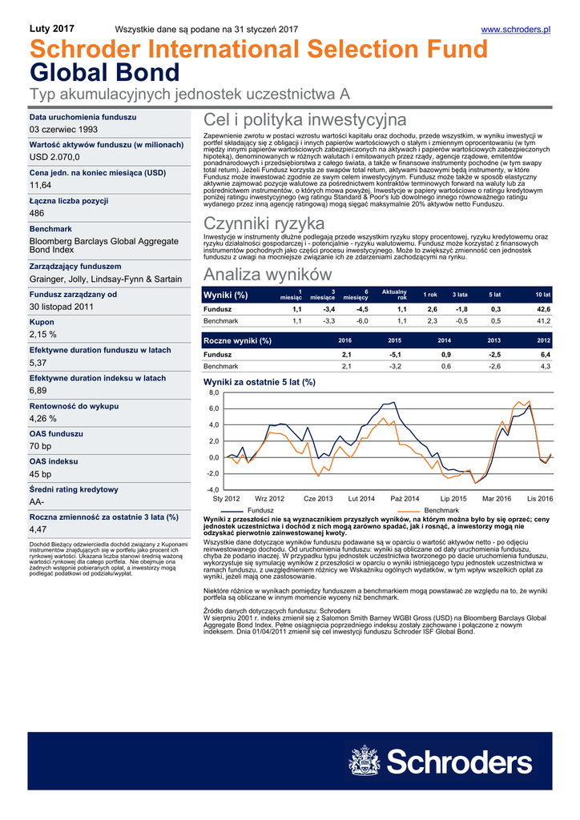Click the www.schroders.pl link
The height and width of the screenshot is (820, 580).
(515, 30)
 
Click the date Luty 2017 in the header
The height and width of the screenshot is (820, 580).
(51, 29)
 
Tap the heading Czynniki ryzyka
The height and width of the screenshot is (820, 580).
(264, 223)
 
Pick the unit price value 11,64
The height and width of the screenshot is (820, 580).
(40, 185)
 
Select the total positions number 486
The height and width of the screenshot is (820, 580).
(37, 213)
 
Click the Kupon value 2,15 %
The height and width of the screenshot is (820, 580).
(42, 334)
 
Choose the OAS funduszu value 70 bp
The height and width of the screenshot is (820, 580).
(40, 445)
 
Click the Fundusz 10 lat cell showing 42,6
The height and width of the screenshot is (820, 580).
(543, 309)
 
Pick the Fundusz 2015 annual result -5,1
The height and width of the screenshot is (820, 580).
(395, 354)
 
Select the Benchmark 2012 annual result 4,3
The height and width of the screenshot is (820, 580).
(545, 366)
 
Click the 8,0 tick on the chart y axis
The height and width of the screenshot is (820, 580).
(213, 394)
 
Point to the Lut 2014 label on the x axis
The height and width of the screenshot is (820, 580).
(361, 499)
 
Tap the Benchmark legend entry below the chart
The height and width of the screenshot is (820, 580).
(441, 510)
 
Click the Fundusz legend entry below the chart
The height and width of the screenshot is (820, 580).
(261, 510)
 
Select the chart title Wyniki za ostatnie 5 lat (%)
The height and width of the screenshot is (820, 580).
(260, 383)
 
